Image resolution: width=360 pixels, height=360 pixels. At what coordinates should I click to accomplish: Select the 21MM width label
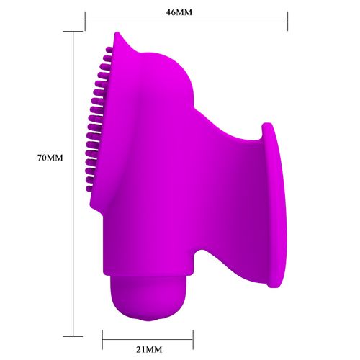click(148, 350)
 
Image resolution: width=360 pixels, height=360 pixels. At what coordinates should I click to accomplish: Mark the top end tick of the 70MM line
click(73, 32)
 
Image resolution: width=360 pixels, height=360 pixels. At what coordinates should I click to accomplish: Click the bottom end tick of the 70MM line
click(73, 335)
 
